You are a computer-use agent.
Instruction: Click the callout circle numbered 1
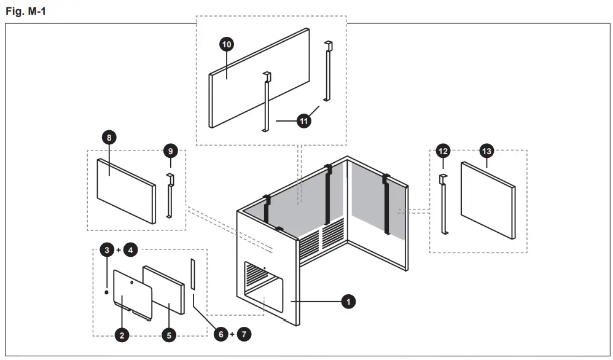point(348,302)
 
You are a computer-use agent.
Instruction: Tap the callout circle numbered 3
point(107,250)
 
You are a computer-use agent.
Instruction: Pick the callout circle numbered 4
point(130,250)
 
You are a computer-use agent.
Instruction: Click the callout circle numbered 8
point(109,138)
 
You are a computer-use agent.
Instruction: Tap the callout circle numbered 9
point(171,151)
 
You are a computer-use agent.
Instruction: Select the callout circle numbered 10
point(226,44)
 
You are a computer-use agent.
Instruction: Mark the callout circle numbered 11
point(303,121)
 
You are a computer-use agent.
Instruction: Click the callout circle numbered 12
point(443,151)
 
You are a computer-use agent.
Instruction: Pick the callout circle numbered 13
point(486,151)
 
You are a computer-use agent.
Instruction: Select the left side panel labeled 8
point(125,190)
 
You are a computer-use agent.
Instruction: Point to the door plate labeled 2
point(131,294)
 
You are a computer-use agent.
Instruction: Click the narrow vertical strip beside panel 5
point(192,274)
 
